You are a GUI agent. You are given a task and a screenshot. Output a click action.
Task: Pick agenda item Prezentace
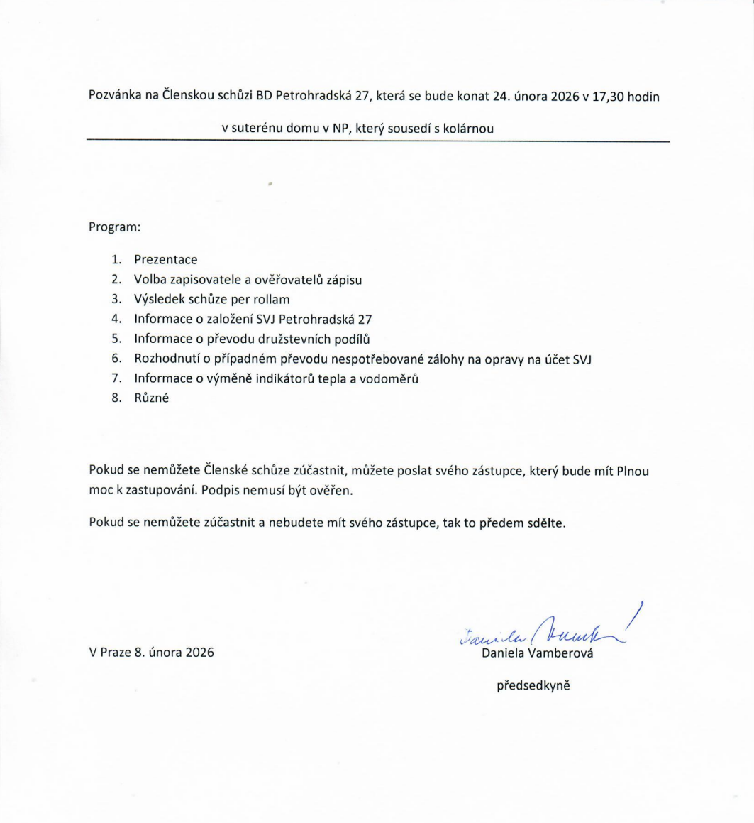pos(165,260)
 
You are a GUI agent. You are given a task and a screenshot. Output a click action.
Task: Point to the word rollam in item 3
pos(271,300)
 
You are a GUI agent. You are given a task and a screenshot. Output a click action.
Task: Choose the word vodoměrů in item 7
pos(392,379)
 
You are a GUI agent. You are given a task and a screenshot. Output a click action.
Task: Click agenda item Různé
pos(150,399)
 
